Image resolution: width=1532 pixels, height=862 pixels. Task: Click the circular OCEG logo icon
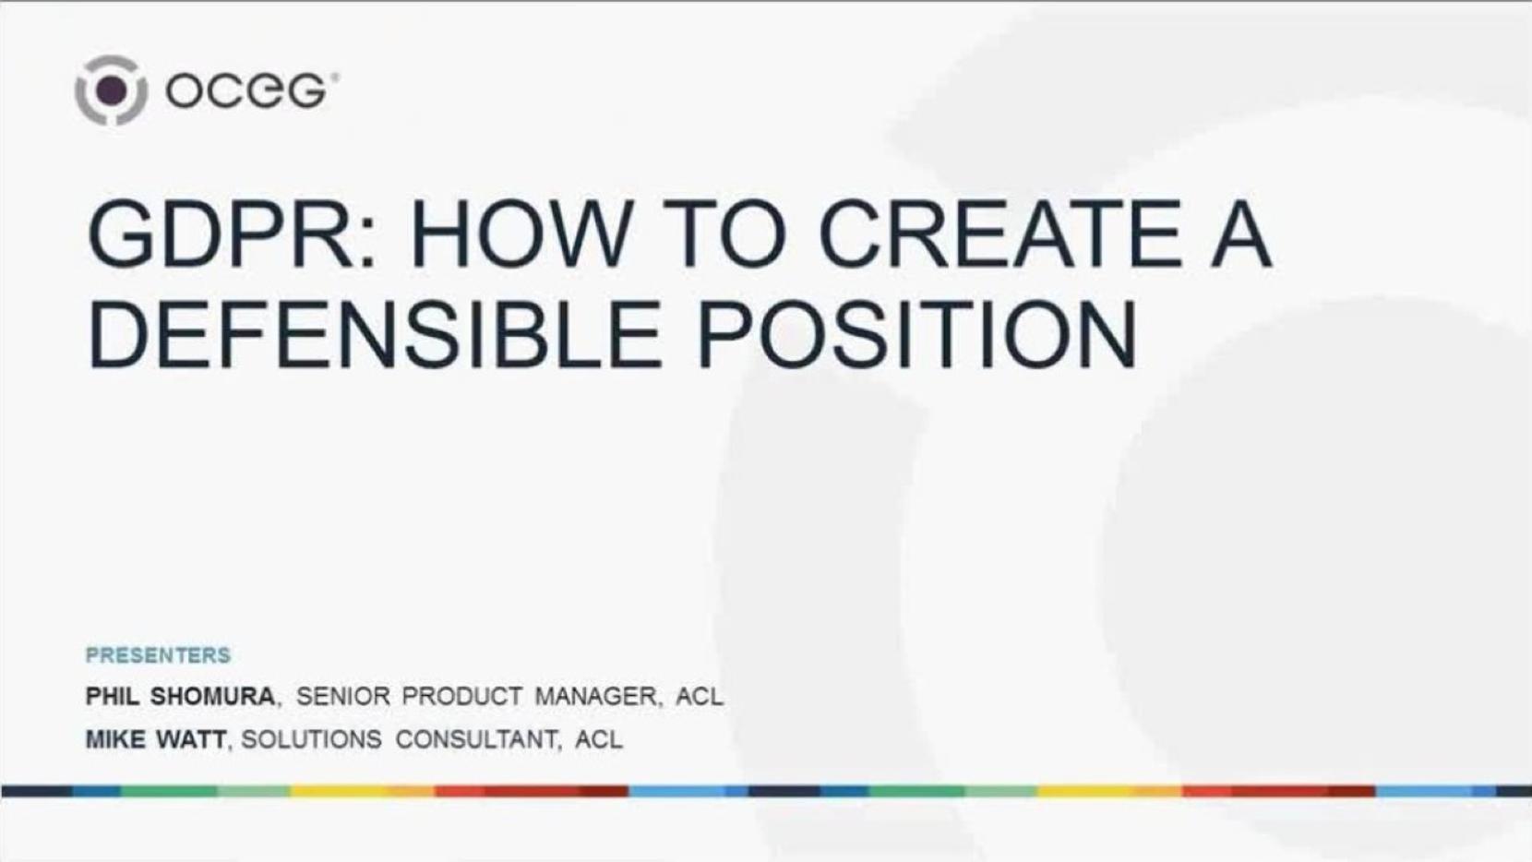[111, 90]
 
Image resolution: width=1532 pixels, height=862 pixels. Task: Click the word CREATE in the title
[999, 233]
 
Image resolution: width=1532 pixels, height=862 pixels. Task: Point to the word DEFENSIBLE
[375, 335]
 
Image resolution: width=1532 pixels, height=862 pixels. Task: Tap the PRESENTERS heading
[158, 655]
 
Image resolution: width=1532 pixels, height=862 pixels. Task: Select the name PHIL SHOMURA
[180, 697]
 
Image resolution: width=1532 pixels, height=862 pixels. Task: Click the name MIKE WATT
[155, 739]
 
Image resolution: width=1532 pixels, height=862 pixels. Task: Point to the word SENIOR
[342, 697]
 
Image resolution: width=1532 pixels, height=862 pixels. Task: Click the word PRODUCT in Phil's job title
[461, 697]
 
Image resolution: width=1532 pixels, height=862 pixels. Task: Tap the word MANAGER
[595, 697]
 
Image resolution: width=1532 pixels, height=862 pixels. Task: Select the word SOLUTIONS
[311, 739]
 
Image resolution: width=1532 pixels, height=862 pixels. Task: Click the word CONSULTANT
[476, 739]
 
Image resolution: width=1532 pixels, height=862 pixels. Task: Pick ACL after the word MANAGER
[699, 697]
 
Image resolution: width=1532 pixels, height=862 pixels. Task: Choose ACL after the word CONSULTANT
[599, 739]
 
